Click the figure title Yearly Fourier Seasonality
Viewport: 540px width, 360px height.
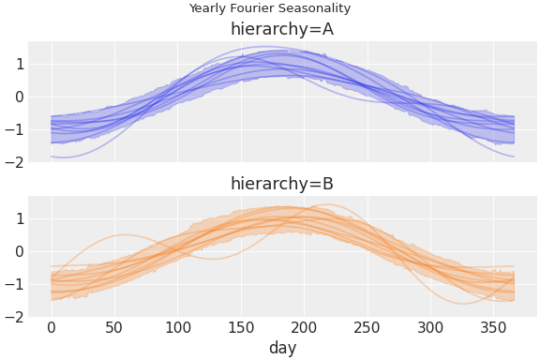click(x=269, y=8)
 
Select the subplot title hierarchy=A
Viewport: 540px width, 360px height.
click(x=281, y=29)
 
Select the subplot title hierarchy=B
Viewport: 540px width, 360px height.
click(x=281, y=184)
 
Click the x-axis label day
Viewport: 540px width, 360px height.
click(x=282, y=348)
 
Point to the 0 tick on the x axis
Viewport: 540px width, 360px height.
click(x=52, y=327)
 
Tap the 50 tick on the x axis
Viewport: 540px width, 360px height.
click(x=114, y=327)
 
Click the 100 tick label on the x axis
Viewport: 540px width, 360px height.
click(x=178, y=327)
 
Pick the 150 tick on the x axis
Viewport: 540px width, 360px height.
click(x=241, y=327)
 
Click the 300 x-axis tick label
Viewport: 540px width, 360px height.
click(x=430, y=327)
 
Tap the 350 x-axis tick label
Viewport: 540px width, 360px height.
click(x=494, y=327)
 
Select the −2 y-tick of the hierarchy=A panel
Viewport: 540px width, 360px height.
click(x=14, y=162)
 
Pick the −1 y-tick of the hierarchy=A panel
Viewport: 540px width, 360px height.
click(x=14, y=129)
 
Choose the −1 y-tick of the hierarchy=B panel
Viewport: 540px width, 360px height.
click(x=14, y=284)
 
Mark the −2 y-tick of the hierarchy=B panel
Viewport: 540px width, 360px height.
click(x=14, y=317)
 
